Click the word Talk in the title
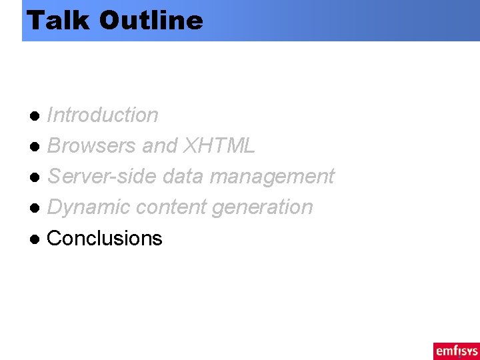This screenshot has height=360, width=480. click(59, 20)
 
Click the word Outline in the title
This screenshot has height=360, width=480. click(151, 20)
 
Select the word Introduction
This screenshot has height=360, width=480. click(103, 115)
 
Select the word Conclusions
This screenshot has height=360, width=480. click(105, 238)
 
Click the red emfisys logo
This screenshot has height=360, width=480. click(456, 351)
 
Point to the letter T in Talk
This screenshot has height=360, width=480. click(36, 20)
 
